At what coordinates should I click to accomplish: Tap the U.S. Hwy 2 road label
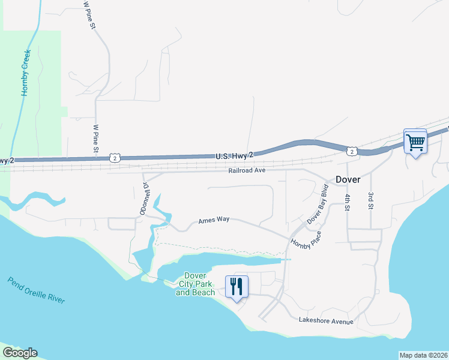click(x=234, y=155)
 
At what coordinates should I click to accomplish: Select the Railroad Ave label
click(x=247, y=170)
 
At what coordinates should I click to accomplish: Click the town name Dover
click(x=348, y=179)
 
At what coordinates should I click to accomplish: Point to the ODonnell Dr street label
click(x=144, y=199)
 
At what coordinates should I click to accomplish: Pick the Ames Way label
click(x=214, y=221)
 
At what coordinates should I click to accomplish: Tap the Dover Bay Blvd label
click(x=319, y=208)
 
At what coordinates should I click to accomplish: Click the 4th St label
click(x=347, y=202)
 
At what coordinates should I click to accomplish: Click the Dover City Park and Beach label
click(x=195, y=284)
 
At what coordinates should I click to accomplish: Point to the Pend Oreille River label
click(x=36, y=290)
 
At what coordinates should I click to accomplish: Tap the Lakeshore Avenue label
click(x=326, y=322)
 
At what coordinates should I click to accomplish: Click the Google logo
click(x=19, y=353)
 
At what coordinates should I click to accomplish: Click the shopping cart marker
click(x=415, y=142)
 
